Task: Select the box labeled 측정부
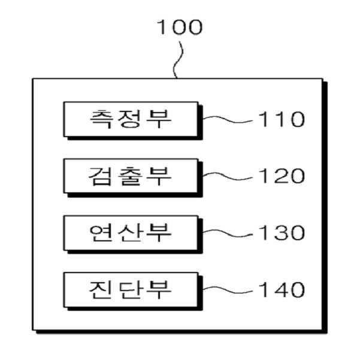[131, 118]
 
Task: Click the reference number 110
[281, 119]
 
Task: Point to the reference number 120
[281, 176]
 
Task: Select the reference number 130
[281, 233]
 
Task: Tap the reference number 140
[281, 290]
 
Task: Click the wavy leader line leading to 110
[228, 120]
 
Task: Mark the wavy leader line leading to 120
[228, 176]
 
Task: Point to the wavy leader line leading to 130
[228, 233]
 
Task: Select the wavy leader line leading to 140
[228, 290]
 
